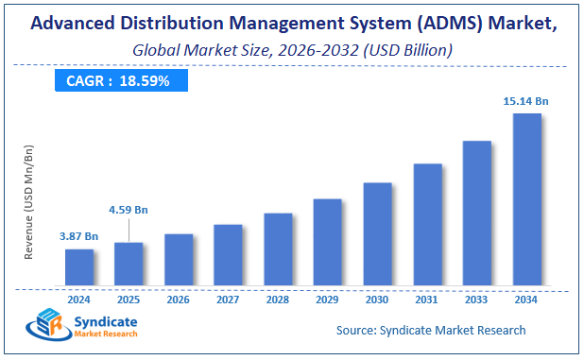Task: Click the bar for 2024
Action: tap(79, 267)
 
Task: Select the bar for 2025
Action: tap(129, 264)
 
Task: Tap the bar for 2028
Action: tap(278, 249)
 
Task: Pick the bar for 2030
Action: tap(377, 234)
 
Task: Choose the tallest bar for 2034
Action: tap(526, 199)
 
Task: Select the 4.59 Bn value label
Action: tap(129, 210)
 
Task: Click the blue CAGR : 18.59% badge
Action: tap(118, 81)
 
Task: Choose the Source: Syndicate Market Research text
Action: tap(431, 330)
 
